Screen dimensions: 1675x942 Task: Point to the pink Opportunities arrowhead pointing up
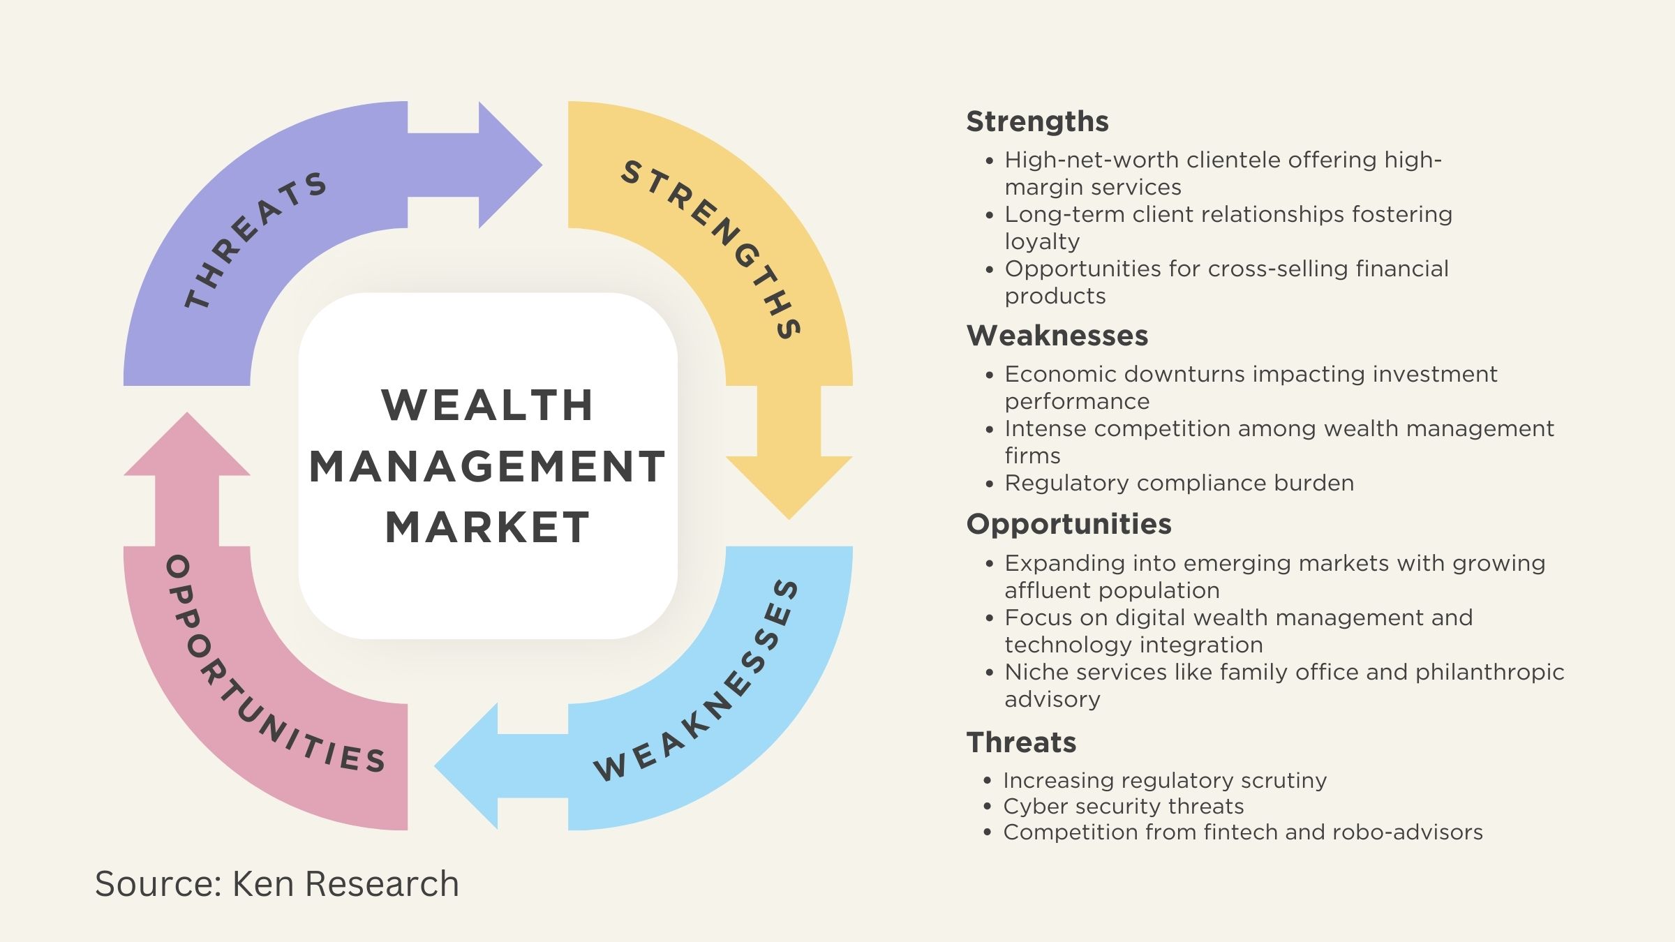[x=187, y=447]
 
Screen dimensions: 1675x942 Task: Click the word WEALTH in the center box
[x=487, y=405]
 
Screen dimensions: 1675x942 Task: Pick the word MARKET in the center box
[x=487, y=528]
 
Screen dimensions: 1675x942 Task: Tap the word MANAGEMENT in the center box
[x=487, y=466]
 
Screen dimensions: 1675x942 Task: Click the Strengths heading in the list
[x=1037, y=121]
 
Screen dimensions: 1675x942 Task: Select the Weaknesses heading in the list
[x=1057, y=336]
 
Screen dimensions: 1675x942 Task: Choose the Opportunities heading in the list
[x=1069, y=524]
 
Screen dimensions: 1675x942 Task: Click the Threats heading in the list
[x=1021, y=742]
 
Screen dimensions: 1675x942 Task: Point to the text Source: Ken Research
[x=277, y=883]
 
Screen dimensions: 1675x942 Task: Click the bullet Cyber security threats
[x=1123, y=806]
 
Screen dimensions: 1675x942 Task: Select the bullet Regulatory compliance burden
[x=1179, y=483]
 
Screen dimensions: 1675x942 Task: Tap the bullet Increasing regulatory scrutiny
[x=1165, y=780]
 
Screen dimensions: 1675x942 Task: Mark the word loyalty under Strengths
[x=1042, y=241]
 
